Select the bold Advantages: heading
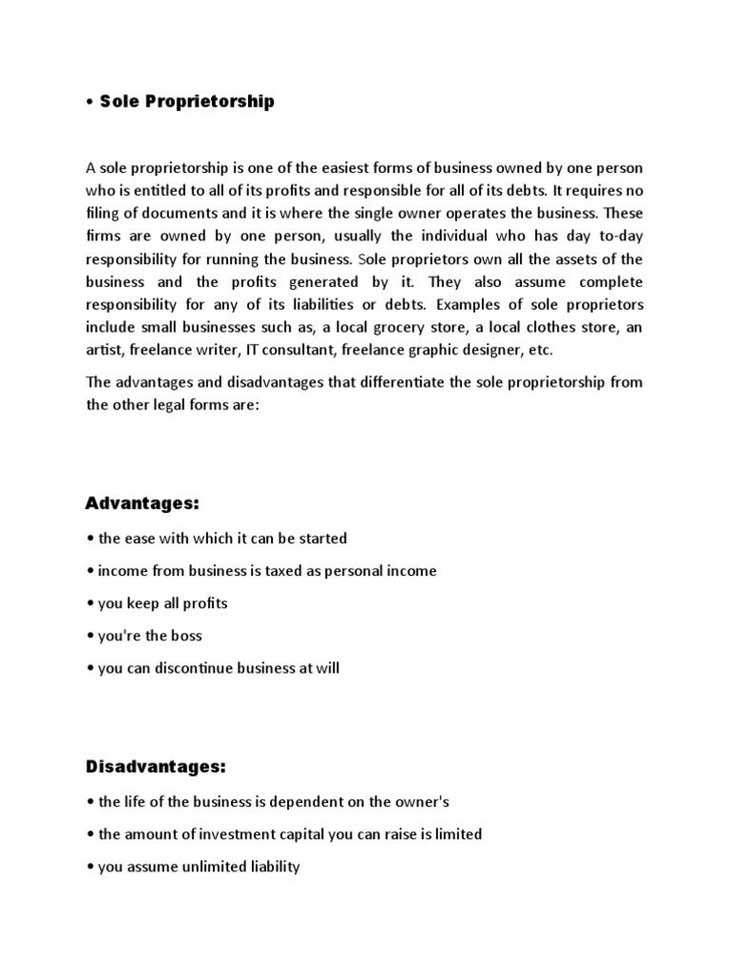[x=143, y=502]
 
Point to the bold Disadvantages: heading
[x=157, y=766]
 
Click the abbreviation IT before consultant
[x=253, y=350]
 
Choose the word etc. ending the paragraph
[x=539, y=350]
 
